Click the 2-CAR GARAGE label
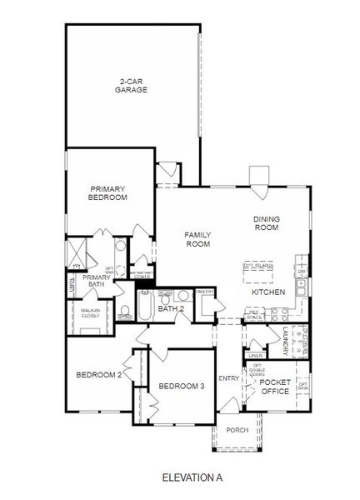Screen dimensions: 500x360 coord(132,85)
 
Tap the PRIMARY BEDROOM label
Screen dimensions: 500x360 coord(108,193)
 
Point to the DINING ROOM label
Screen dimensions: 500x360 coord(266,223)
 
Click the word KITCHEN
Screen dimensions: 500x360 coord(269,292)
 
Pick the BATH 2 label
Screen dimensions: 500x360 coord(171,309)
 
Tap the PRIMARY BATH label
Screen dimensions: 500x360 coord(97,281)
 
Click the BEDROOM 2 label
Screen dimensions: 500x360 coord(99,375)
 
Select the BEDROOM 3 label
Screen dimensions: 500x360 coord(181,386)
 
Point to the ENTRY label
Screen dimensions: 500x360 coord(228,379)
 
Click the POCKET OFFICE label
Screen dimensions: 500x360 coord(274,387)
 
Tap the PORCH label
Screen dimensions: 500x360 coord(237,430)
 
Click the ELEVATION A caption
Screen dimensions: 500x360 coord(192,477)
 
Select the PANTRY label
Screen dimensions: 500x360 coord(205,291)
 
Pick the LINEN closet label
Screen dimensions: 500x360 coord(255,356)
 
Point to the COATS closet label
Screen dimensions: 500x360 coord(142,276)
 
